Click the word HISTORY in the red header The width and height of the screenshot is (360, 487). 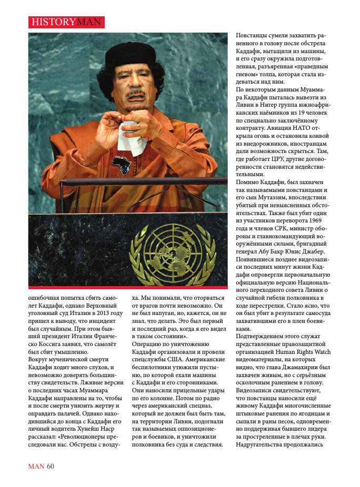click(x=53, y=22)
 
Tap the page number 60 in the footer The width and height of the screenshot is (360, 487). click(x=51, y=466)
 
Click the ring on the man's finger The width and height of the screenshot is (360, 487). click(x=138, y=126)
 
